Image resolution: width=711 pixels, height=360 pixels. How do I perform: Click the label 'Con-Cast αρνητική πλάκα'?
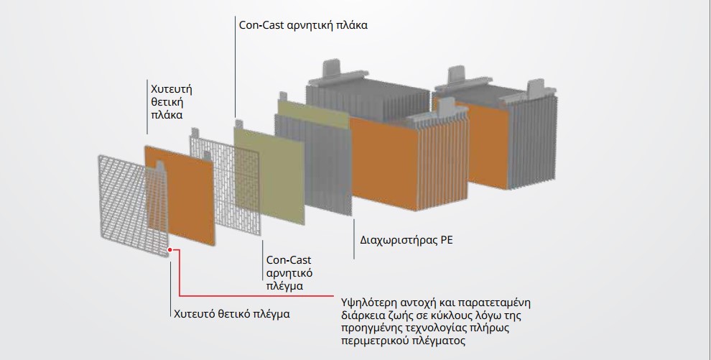pos(303,24)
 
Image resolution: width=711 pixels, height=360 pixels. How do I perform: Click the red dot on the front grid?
pos(169,249)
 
